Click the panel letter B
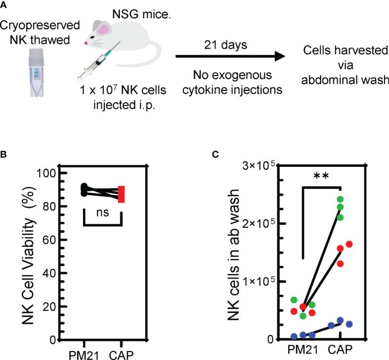(4, 154)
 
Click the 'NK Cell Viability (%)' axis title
(28, 256)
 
